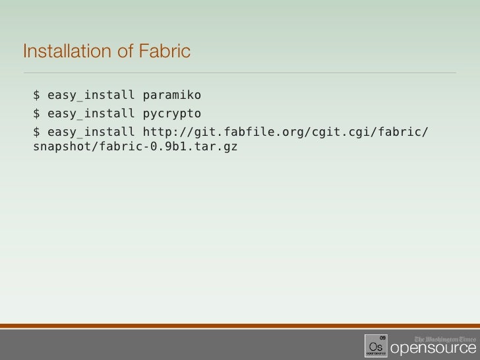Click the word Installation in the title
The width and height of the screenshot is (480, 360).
(x=61, y=51)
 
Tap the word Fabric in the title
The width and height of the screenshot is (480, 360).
(x=164, y=51)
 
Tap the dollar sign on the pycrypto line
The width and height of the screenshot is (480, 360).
(x=37, y=114)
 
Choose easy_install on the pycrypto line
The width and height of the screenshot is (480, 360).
(x=90, y=114)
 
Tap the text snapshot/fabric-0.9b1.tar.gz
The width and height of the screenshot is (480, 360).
(x=135, y=146)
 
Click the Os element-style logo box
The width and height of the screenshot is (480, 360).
(x=376, y=344)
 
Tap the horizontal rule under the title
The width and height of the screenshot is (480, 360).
(x=240, y=72)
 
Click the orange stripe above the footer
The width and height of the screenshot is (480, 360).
(x=240, y=325)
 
